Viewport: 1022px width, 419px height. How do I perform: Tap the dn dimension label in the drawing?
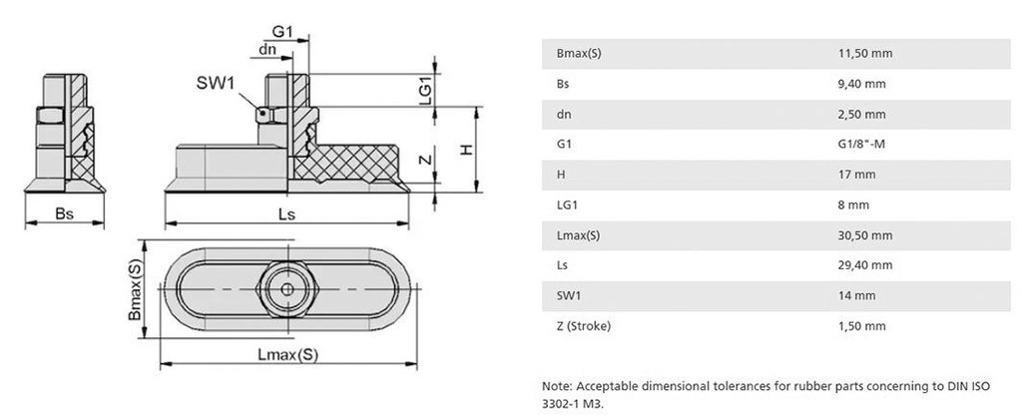[x=267, y=49]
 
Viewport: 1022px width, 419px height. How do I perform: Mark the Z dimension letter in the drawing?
[x=424, y=161]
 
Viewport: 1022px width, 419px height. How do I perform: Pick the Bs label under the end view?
[x=64, y=213]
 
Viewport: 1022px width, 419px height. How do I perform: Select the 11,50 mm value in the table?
[x=864, y=53]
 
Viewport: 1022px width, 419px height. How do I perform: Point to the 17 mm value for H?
[x=857, y=174]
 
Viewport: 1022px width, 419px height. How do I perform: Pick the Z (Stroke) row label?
[x=583, y=325]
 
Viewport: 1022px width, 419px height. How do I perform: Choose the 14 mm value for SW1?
[x=857, y=295]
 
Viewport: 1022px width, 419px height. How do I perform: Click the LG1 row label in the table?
[x=566, y=205]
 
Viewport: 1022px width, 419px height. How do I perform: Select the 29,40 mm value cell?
[x=864, y=265]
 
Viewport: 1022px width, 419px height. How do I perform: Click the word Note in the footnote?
[x=556, y=385]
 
